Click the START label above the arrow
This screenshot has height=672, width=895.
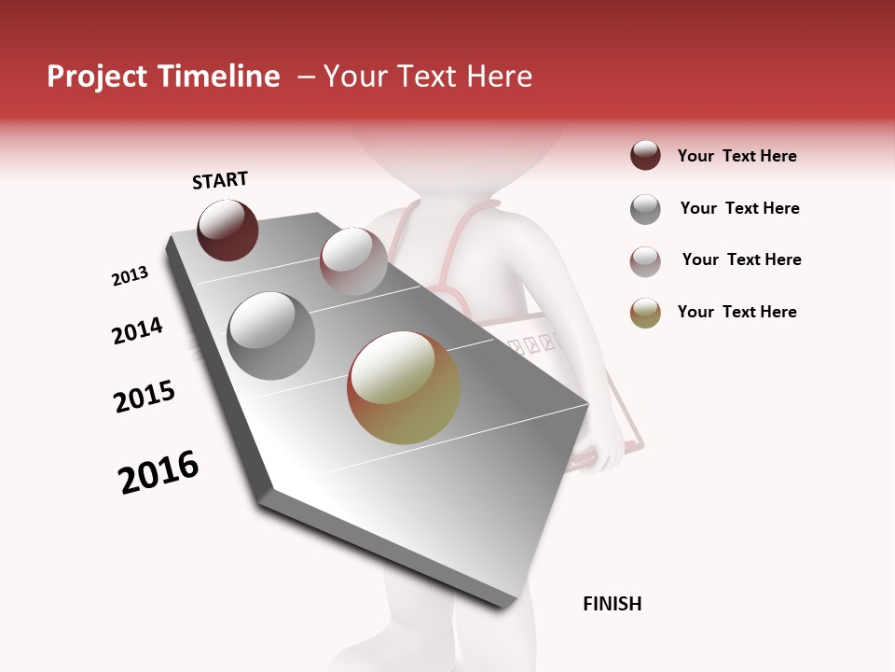[x=220, y=180]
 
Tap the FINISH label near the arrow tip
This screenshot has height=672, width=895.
[x=612, y=604]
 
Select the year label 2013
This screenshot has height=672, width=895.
[x=130, y=276]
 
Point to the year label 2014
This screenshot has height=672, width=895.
[x=137, y=330]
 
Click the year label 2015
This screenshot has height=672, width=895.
[x=145, y=397]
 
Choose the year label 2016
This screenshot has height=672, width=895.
[x=158, y=472]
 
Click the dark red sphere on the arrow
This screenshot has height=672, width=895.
[x=227, y=230]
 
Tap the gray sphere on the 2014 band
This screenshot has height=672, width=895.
[x=270, y=336]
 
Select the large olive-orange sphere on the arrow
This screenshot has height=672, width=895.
[x=404, y=387]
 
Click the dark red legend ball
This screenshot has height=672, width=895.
[x=645, y=156]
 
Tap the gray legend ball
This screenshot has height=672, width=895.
[x=645, y=209]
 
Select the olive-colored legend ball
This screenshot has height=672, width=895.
[x=645, y=313]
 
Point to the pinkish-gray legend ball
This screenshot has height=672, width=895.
[x=645, y=261]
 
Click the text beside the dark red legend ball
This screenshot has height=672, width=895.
[x=737, y=156]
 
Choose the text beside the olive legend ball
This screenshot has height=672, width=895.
[x=737, y=312]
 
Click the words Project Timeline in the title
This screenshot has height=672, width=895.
[x=163, y=77]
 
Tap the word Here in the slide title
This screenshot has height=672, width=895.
[x=499, y=77]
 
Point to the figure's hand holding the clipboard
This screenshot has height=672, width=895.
[x=604, y=453]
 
